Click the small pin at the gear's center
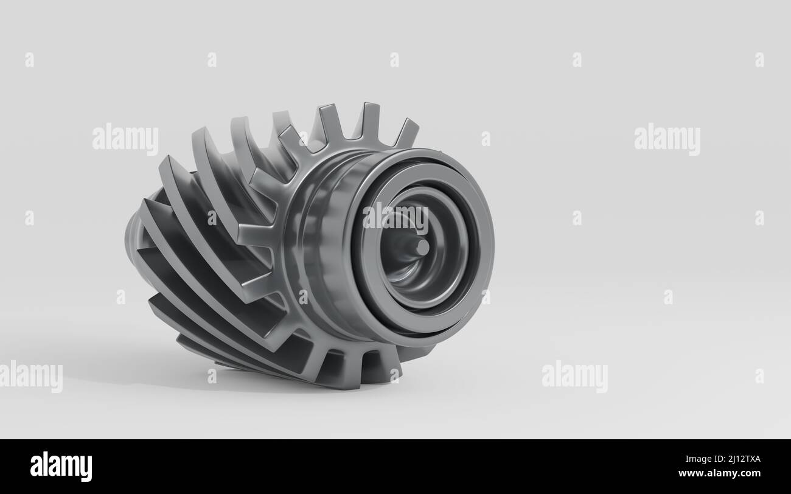422,247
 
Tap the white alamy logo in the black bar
61,466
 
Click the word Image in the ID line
699,459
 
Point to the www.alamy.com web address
719,473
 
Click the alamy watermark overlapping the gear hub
395,218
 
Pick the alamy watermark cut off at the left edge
31,376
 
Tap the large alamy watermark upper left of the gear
125,139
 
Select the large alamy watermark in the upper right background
667,139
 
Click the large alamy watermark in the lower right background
575,376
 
